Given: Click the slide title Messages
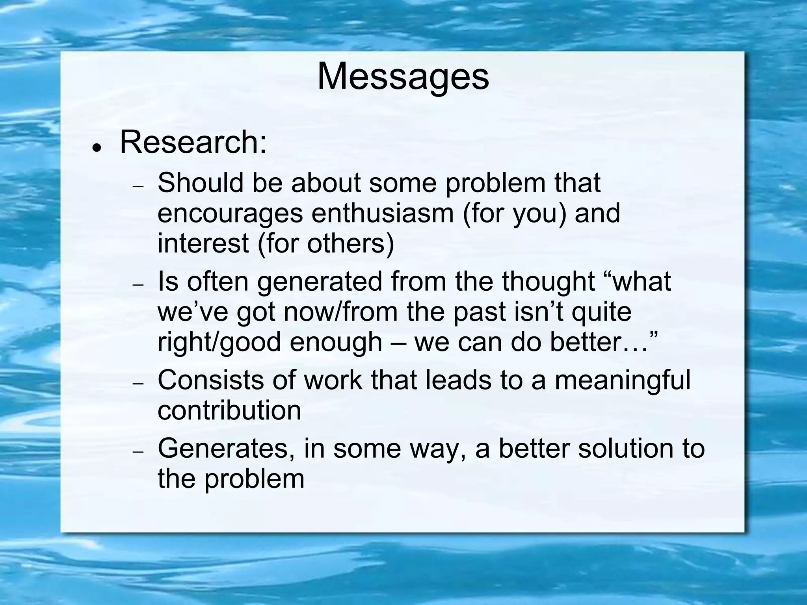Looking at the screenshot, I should point(403,76).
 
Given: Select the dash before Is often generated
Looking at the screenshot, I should point(139,285).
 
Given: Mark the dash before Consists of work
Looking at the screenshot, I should point(139,384).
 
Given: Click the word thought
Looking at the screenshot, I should point(548,282).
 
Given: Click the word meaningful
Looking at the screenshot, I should point(623,381).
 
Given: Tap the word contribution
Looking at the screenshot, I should point(229,410).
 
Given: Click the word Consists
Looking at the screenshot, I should point(210,380).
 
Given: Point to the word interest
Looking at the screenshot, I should point(203,243).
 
